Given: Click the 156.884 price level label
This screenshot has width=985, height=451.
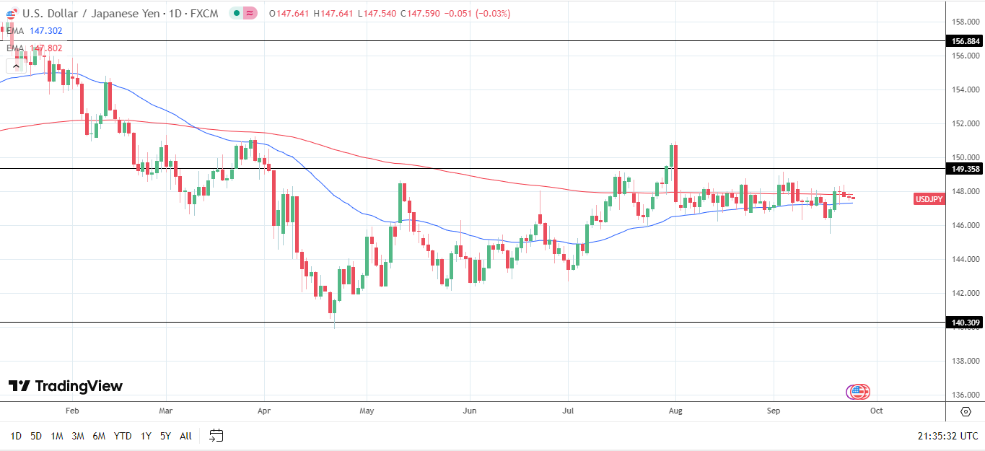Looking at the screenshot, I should coord(965,41).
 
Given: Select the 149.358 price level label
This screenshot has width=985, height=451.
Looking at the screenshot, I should coord(965,169).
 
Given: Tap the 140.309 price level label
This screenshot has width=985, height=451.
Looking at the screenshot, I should coord(965,323).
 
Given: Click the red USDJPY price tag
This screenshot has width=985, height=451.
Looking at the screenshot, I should coord(929,199).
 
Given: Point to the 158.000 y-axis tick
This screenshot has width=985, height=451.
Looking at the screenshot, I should coord(965,22).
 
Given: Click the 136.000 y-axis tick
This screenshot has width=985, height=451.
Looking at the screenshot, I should coord(965,395).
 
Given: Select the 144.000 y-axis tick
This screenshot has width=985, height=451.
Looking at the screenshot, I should coord(965,259).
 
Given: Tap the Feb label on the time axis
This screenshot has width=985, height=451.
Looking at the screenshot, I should coord(71,411).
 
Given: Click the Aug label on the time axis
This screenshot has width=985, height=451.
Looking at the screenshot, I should coord(675,411).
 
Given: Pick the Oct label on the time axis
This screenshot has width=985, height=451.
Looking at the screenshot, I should coord(876,411).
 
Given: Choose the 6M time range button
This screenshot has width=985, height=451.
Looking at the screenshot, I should coord(99,436).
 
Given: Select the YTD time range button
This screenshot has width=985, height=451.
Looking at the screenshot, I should coord(123,436).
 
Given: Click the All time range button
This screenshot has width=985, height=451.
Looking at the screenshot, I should coord(185,436).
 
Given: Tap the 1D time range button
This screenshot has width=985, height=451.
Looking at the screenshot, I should coord(16,436).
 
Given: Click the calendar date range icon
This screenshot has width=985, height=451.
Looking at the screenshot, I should coord(216,435).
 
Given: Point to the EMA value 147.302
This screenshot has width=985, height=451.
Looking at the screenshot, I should coord(45,31).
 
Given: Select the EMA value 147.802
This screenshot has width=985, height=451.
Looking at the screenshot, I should coord(45,48).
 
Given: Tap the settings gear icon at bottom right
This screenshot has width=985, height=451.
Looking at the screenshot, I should coord(966,411).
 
